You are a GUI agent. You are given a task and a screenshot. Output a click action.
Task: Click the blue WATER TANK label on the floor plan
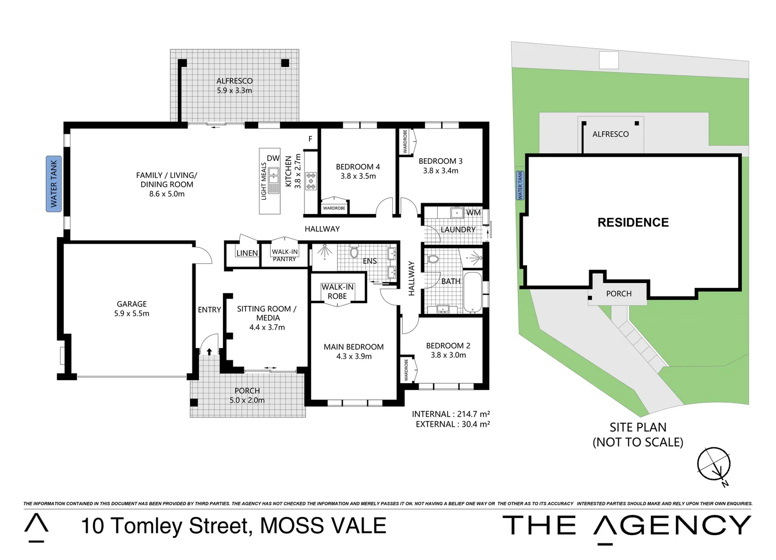(53, 184)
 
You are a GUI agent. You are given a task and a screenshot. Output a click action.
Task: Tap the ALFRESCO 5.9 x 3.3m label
(234, 86)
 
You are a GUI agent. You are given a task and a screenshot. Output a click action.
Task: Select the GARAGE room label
(132, 304)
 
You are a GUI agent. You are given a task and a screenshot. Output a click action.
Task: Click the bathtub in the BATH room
(473, 292)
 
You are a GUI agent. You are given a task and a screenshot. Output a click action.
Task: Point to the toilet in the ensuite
(354, 252)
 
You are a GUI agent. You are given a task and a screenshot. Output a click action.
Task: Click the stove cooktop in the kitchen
(311, 181)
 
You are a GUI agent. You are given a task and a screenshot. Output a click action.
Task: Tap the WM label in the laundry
(473, 213)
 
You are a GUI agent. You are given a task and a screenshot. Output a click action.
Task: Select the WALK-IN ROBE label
(337, 291)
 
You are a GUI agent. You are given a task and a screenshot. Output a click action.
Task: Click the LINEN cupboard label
(247, 253)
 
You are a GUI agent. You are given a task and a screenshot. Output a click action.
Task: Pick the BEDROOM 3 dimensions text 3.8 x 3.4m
(440, 171)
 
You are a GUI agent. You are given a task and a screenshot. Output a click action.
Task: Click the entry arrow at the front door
(209, 352)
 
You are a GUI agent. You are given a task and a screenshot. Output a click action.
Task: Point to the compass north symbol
(715, 465)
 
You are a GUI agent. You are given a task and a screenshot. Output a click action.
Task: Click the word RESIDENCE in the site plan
(633, 222)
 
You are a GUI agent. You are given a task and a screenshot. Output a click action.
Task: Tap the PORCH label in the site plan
(619, 293)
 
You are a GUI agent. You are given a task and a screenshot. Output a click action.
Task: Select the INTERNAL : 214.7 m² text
(451, 414)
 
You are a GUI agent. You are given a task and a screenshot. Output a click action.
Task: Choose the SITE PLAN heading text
(638, 427)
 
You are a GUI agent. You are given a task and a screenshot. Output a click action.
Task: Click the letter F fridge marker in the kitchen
(310, 139)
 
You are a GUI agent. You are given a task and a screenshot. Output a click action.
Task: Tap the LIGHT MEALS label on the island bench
(264, 181)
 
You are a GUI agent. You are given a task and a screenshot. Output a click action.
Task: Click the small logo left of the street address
(37, 527)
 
